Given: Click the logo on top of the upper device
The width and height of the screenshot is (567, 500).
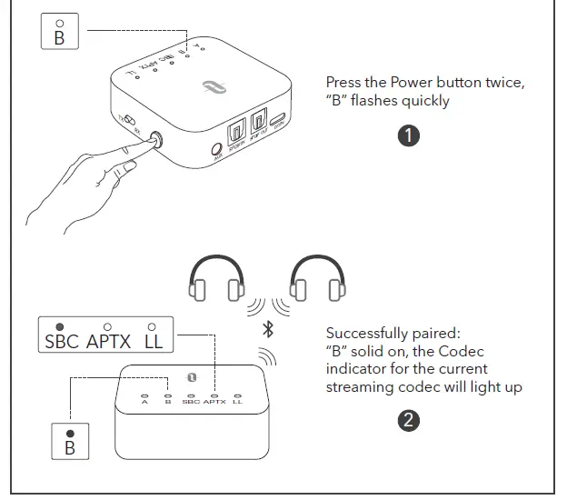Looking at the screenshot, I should (x=211, y=89).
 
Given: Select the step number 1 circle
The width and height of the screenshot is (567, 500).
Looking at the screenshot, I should (x=410, y=135).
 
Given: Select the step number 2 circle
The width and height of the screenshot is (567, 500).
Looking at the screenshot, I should (x=410, y=420).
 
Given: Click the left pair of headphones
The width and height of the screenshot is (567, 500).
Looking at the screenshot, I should (x=214, y=279).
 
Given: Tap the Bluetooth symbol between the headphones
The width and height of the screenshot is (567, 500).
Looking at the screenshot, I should (x=267, y=328).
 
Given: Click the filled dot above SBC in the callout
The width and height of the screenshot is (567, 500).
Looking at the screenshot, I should (x=59, y=325).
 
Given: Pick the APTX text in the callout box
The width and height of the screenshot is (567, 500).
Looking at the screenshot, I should (x=108, y=342).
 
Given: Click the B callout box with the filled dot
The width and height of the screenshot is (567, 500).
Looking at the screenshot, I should (x=69, y=441).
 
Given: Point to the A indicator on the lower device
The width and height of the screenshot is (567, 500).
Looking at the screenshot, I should (x=144, y=399).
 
